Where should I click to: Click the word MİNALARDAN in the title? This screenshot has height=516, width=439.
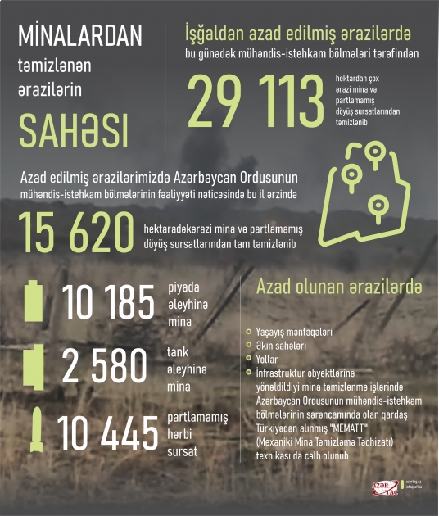(x=79, y=36)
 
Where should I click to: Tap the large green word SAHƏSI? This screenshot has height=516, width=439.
(x=73, y=129)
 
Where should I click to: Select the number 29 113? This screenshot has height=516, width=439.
(x=256, y=100)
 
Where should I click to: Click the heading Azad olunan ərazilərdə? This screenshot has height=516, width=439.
(x=339, y=287)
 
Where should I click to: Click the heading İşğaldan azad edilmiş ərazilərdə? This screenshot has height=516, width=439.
(x=298, y=34)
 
